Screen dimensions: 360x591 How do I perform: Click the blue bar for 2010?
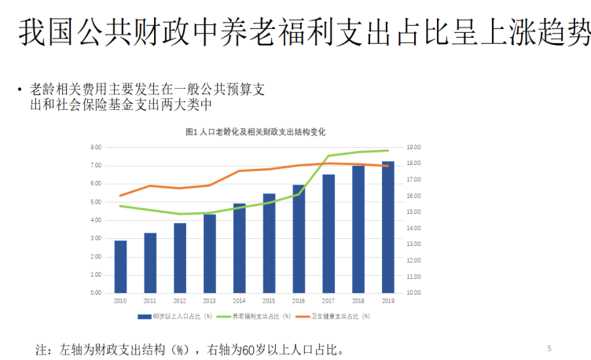(120, 266)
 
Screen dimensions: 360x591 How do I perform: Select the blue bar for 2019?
(387, 227)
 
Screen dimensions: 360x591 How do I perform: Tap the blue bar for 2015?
(269, 243)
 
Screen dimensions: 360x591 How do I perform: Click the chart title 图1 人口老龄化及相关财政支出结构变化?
(255, 131)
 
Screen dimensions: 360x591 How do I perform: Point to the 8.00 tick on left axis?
(97, 148)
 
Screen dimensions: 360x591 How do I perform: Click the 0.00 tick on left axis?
(97, 292)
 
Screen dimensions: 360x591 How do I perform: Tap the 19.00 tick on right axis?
(414, 148)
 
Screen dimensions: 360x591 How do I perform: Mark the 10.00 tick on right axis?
(414, 292)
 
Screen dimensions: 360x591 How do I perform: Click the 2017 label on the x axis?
(329, 301)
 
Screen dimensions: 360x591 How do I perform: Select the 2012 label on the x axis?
(180, 301)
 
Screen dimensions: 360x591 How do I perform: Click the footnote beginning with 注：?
(189, 349)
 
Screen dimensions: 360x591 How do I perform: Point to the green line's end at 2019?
(387, 150)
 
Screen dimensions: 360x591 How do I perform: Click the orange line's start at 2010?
(120, 196)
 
